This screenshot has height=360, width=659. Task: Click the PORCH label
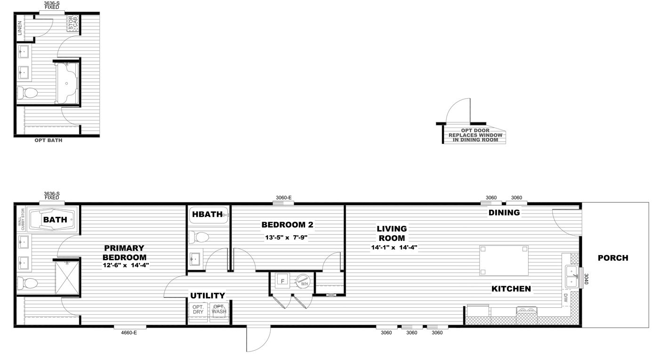(x=612, y=258)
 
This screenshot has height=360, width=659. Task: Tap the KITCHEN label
(x=511, y=289)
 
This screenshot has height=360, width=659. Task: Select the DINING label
(x=504, y=213)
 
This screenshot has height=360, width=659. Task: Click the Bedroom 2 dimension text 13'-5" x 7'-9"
(x=287, y=238)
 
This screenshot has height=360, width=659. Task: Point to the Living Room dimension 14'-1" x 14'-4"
(x=394, y=247)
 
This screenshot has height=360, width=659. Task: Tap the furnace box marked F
(x=282, y=281)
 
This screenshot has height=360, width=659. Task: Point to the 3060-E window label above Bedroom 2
(x=283, y=198)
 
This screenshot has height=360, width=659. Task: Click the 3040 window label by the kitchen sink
(x=587, y=279)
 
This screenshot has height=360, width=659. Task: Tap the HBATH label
(x=207, y=215)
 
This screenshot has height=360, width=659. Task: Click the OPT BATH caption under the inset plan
(x=48, y=140)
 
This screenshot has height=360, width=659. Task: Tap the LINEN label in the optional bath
(x=19, y=29)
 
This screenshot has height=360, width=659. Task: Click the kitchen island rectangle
(x=504, y=260)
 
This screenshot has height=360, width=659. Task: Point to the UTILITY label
(x=207, y=296)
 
